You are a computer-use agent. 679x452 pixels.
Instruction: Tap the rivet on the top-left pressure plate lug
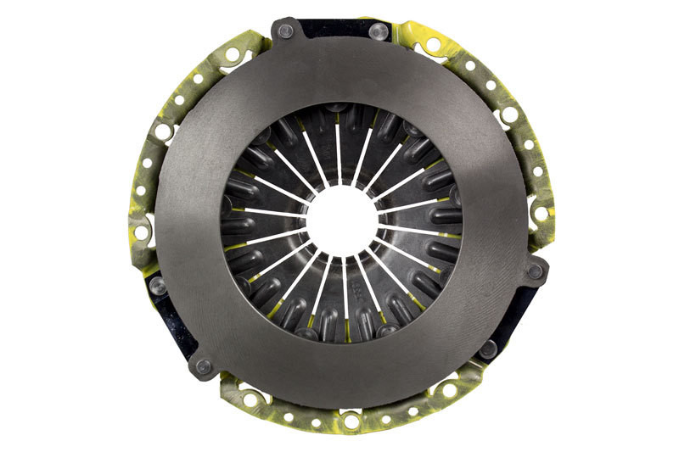pyautogui.click(x=285, y=31)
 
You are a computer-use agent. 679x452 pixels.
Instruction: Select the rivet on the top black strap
pyautogui.click(x=379, y=31)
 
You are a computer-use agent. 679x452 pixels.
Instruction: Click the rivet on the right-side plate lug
pyautogui.click(x=535, y=272)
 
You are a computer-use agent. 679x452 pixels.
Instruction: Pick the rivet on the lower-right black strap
pyautogui.click(x=488, y=348)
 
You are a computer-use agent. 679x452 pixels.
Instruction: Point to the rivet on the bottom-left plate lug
pyautogui.click(x=203, y=366)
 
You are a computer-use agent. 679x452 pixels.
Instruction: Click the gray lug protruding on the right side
pyautogui.click(x=534, y=271)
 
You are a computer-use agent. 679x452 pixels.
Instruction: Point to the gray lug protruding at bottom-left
pyautogui.click(x=204, y=365)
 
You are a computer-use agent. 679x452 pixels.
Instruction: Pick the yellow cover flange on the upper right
pyautogui.click(x=484, y=81)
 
